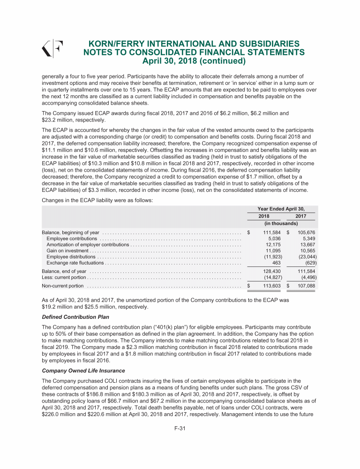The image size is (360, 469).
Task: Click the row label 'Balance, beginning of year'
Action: pos(70,233)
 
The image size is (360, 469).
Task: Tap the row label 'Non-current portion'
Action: pos(63,286)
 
